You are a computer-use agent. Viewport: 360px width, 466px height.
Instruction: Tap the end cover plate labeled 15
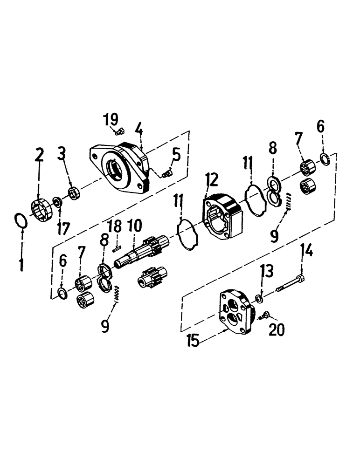pos(237,310)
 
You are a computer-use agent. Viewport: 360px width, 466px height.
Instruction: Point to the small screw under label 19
pos(120,132)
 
